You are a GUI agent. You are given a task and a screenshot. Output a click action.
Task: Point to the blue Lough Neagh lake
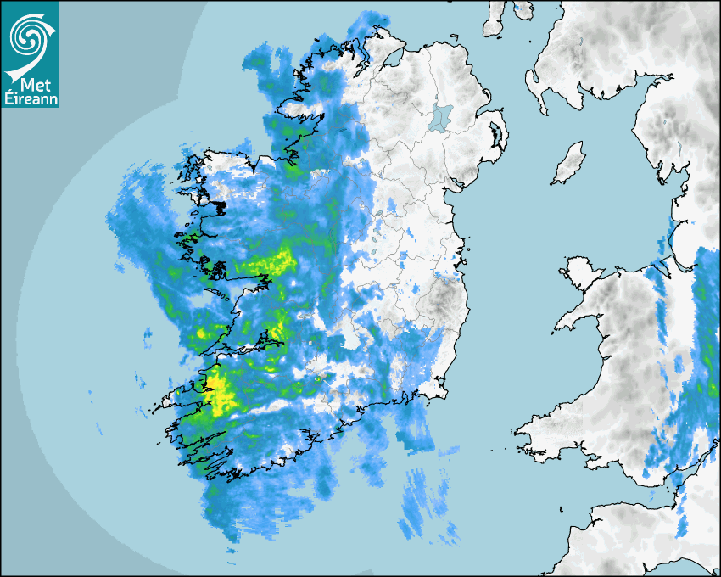pyautogui.click(x=442, y=117)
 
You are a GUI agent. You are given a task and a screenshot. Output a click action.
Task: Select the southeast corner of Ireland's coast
pyautogui.click(x=442, y=392)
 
